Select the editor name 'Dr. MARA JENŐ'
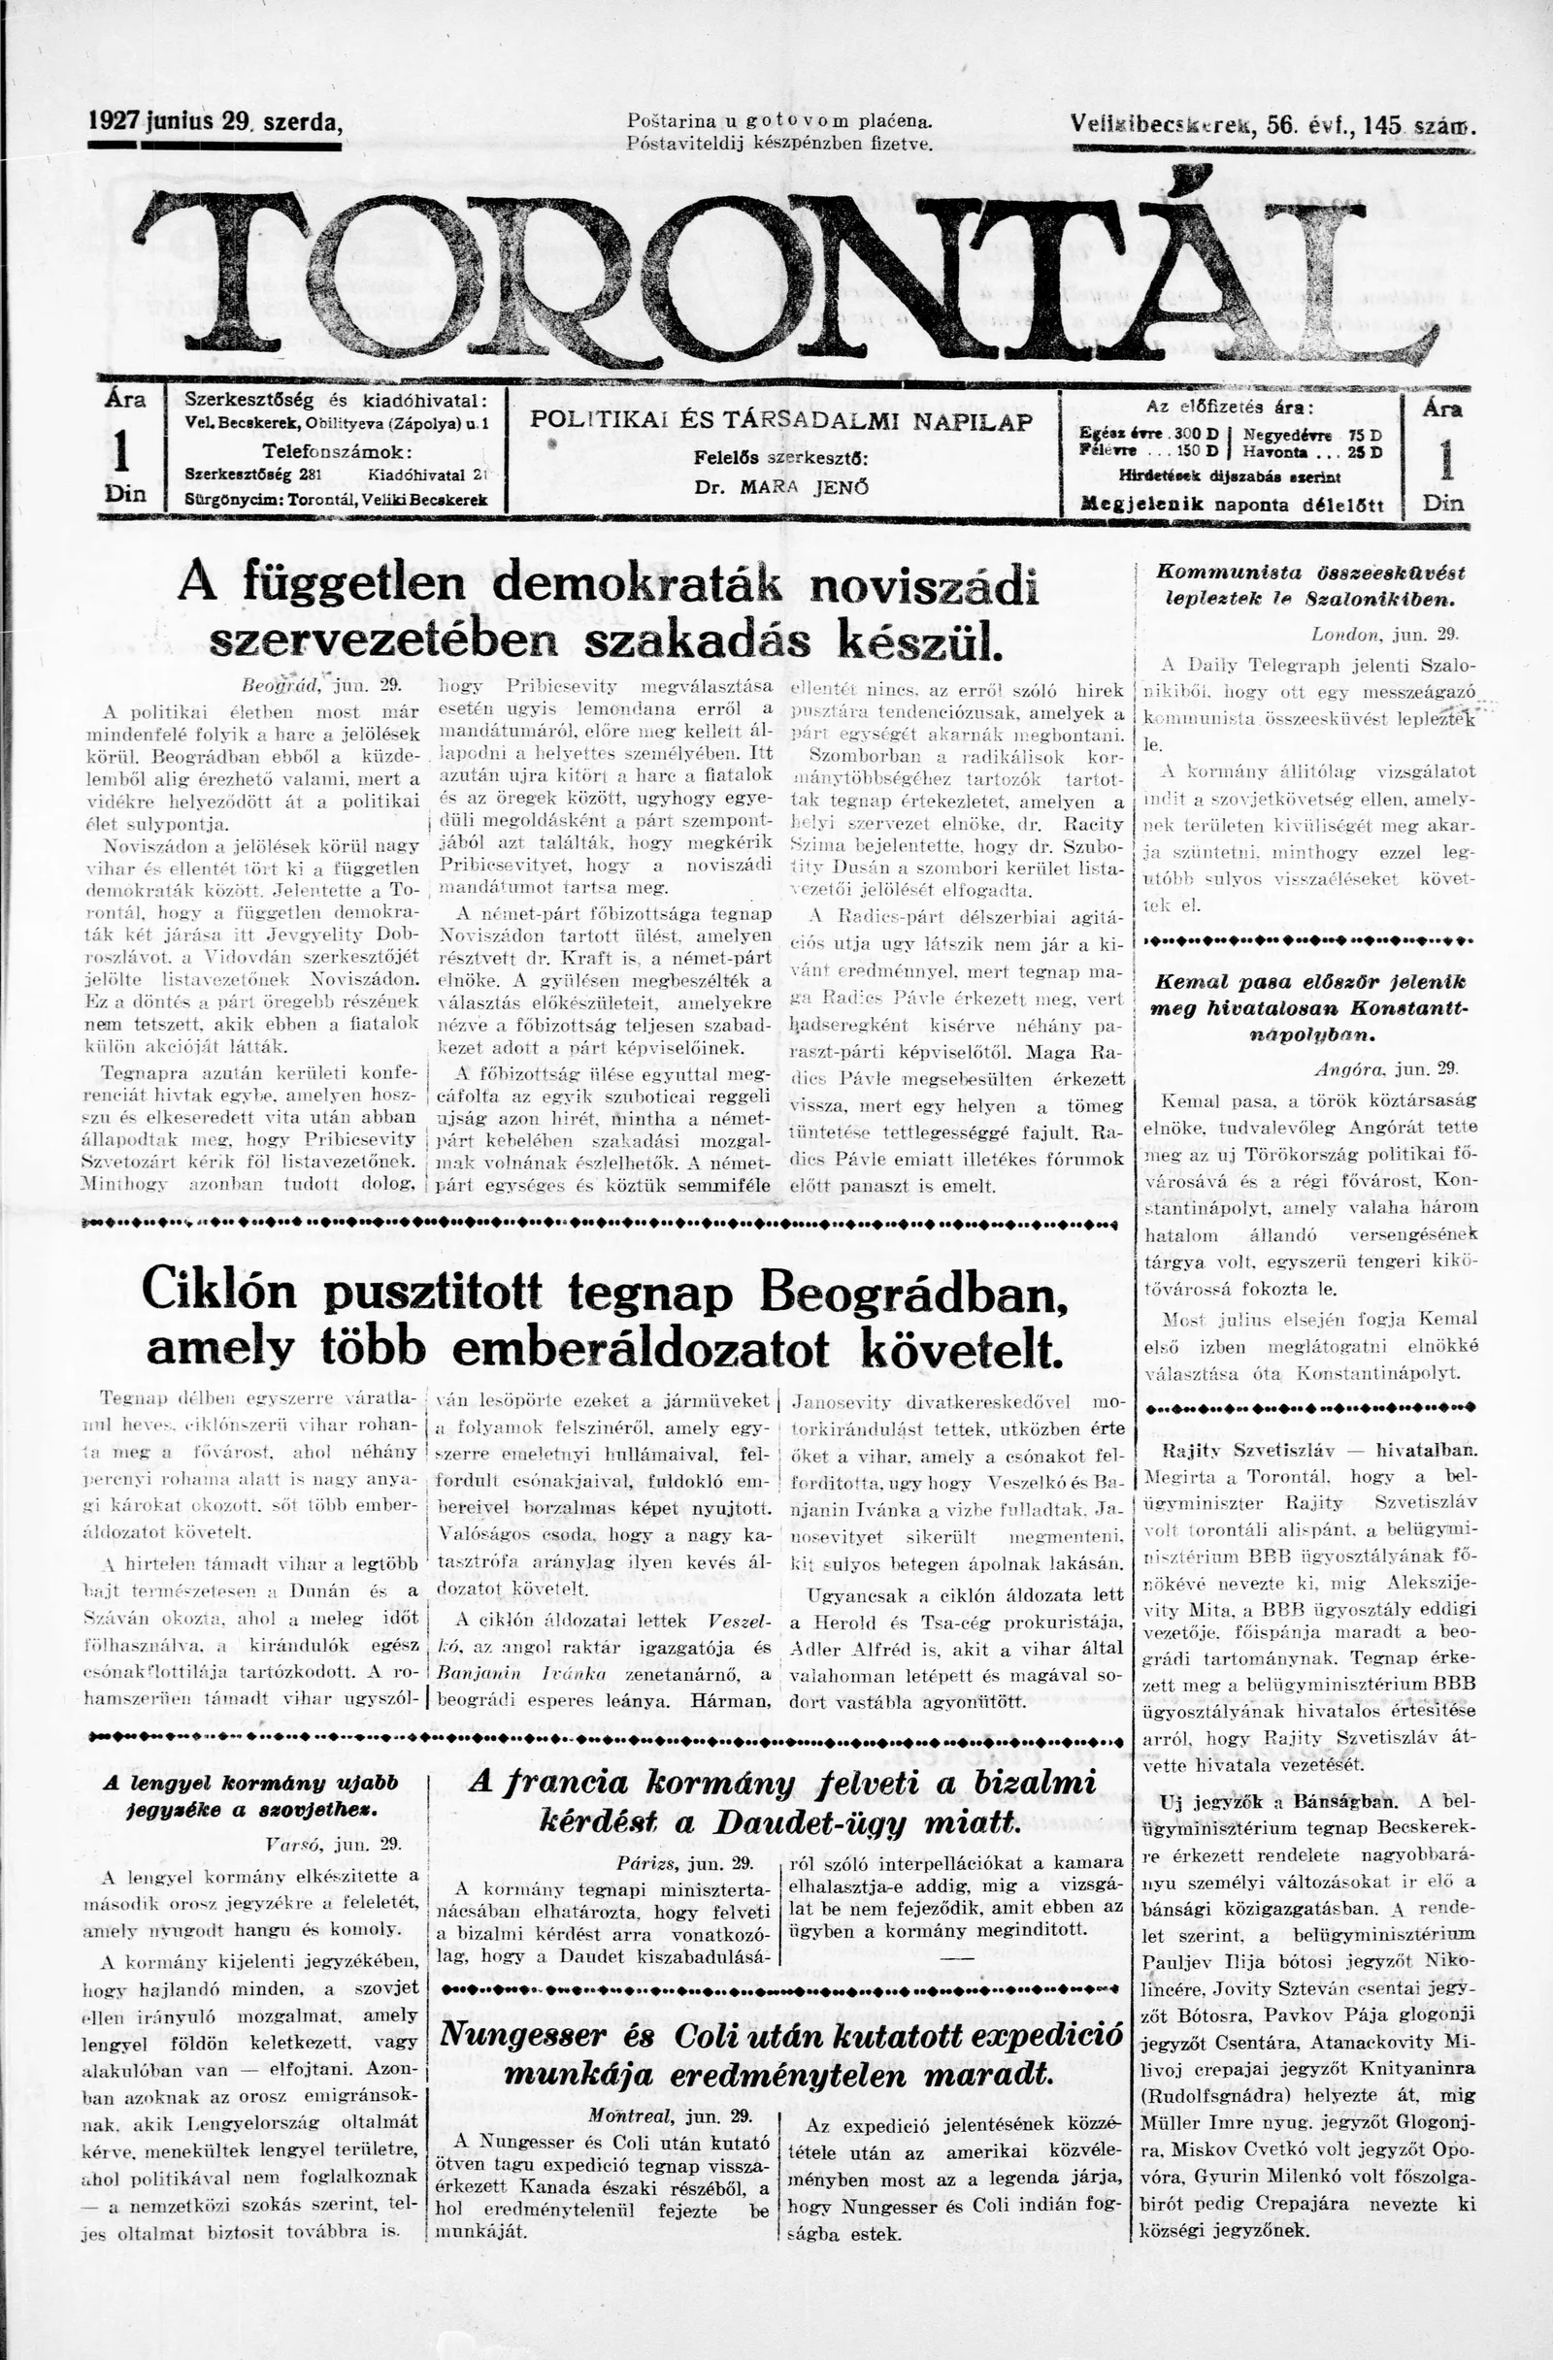click(782, 488)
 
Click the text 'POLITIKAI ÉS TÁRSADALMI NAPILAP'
click(781, 419)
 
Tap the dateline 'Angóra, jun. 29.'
click(1384, 1069)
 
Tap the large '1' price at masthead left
click(124, 452)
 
